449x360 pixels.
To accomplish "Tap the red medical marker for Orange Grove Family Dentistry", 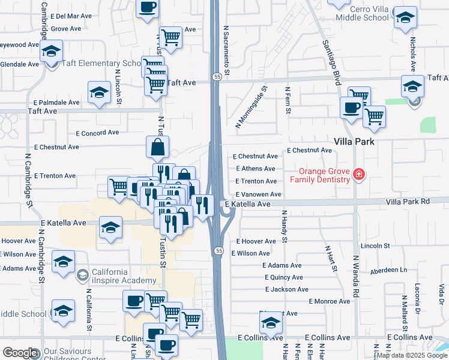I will (x=359, y=174).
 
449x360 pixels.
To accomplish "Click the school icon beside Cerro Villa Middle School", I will (x=406, y=17).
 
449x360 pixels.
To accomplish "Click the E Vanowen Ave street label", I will (x=258, y=194).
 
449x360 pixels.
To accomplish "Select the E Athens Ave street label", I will (x=256, y=169).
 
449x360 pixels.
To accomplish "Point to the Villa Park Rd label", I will (x=408, y=202).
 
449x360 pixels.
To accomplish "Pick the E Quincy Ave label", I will (x=284, y=277).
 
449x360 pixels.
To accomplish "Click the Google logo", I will (x=20, y=353).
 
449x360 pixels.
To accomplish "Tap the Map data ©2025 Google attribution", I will (x=411, y=355).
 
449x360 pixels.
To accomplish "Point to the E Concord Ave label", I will (x=97, y=133).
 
